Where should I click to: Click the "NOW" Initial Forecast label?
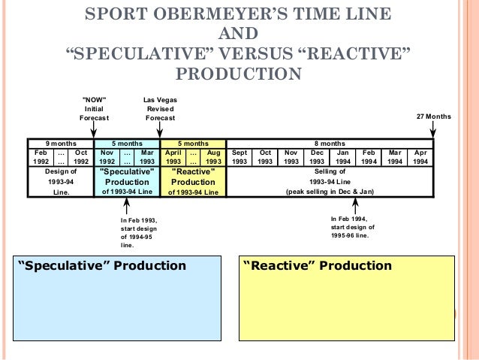tap(94, 108)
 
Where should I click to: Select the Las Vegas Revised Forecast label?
tap(160, 108)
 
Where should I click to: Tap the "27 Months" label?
tap(433, 116)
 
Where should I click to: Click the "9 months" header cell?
tap(59, 143)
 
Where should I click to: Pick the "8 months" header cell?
tap(330, 143)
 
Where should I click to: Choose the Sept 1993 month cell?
tap(239, 156)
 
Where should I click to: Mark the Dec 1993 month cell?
tap(317, 156)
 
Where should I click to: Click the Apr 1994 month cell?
tap(420, 156)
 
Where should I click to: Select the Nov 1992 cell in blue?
tap(107, 156)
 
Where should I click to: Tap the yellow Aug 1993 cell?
tap(213, 156)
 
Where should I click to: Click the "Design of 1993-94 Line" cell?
tap(61, 181)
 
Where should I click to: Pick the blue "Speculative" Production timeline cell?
tap(127, 181)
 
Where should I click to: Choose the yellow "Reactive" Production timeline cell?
tap(193, 181)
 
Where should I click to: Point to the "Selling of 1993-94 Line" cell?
tap(330, 181)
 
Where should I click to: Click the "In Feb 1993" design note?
tap(138, 232)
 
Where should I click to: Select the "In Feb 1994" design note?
tap(353, 226)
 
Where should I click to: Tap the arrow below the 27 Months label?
tap(433, 131)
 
